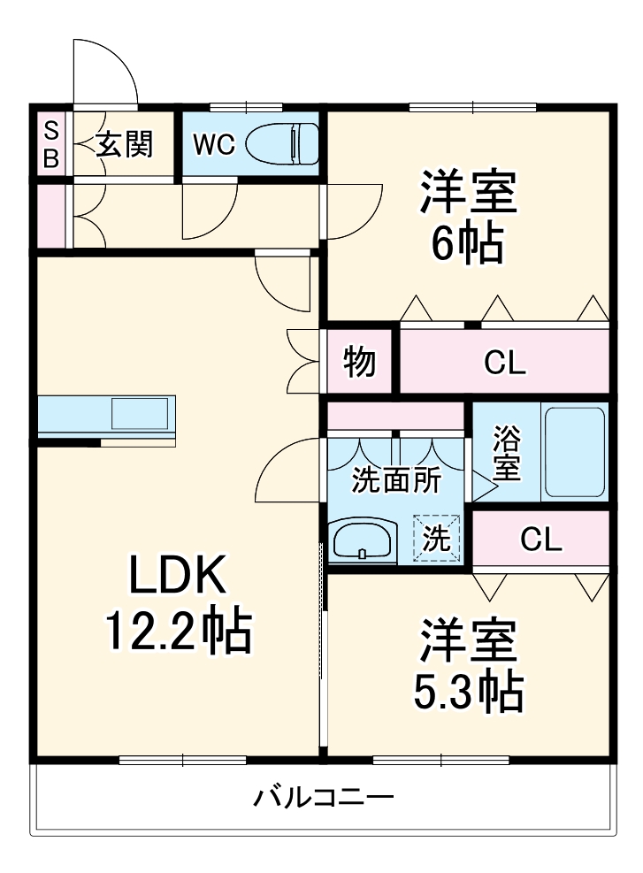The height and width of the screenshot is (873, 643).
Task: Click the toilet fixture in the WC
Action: click(x=280, y=142)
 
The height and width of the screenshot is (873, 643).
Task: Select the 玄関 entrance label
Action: click(x=124, y=143)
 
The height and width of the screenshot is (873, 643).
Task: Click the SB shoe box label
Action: click(x=51, y=144)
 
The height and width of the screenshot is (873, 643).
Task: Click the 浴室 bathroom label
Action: click(x=506, y=453)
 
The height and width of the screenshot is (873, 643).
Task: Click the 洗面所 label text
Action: click(x=395, y=479)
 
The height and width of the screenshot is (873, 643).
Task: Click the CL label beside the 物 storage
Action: click(x=505, y=362)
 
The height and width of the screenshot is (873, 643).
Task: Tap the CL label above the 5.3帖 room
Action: click(x=540, y=539)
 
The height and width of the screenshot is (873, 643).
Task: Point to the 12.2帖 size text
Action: click(x=179, y=631)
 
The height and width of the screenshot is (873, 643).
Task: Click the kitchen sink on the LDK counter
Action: click(x=140, y=414)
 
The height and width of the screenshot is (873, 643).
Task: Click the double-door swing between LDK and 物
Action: click(x=303, y=359)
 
